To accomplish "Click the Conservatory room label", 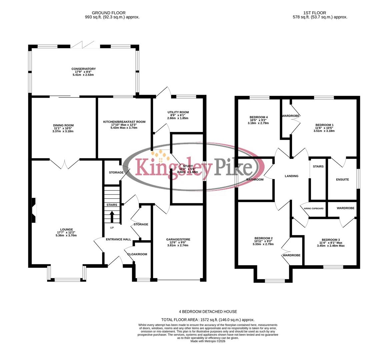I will tap(83, 69).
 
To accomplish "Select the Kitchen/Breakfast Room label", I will tap(124, 122).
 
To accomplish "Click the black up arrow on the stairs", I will tap(112, 216).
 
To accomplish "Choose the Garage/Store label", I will tap(178, 239).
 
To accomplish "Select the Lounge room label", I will tap(67, 229).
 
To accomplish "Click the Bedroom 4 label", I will tap(258, 117).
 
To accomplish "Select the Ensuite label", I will tap(342, 180).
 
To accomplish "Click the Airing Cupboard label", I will tap(313, 208).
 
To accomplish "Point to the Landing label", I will tap(291, 176).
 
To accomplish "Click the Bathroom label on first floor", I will tap(255, 180).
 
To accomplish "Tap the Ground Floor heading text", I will tap(112, 13).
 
